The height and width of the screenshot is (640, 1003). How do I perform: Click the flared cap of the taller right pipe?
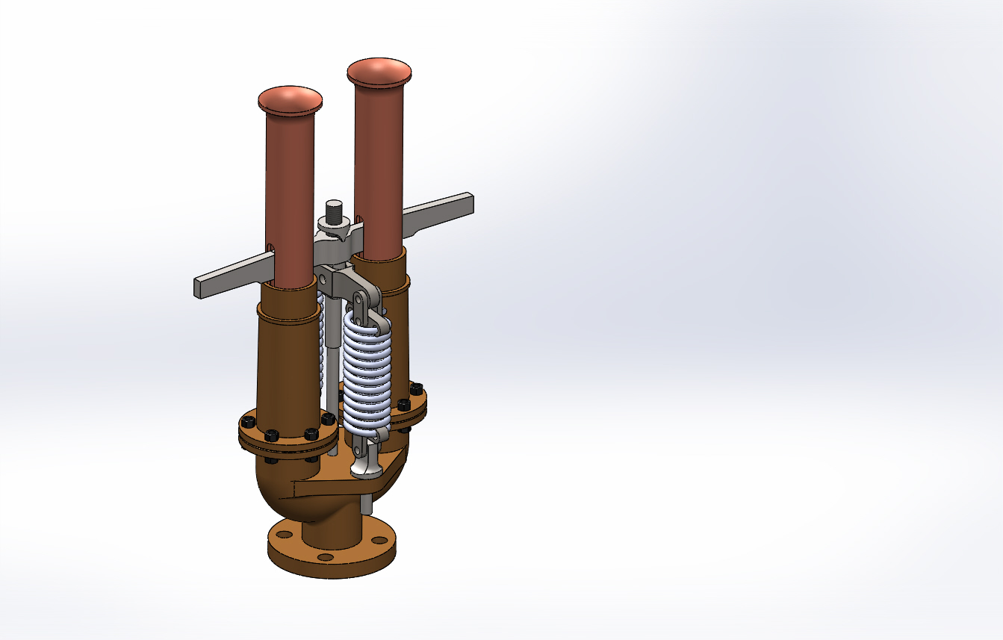[379, 72]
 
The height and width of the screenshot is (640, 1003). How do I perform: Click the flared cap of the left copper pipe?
[291, 101]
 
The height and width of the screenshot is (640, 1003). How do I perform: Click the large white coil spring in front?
[367, 373]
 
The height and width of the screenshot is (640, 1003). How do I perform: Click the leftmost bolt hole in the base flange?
[283, 534]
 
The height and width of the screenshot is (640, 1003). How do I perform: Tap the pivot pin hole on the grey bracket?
[323, 278]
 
